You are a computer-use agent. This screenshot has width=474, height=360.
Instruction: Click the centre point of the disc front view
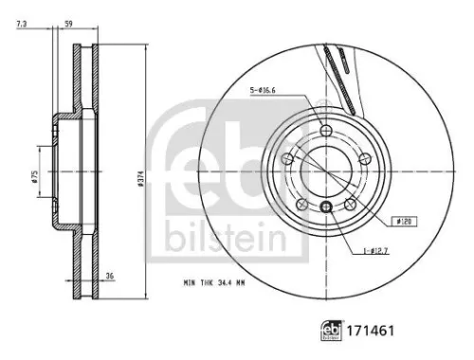327,173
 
